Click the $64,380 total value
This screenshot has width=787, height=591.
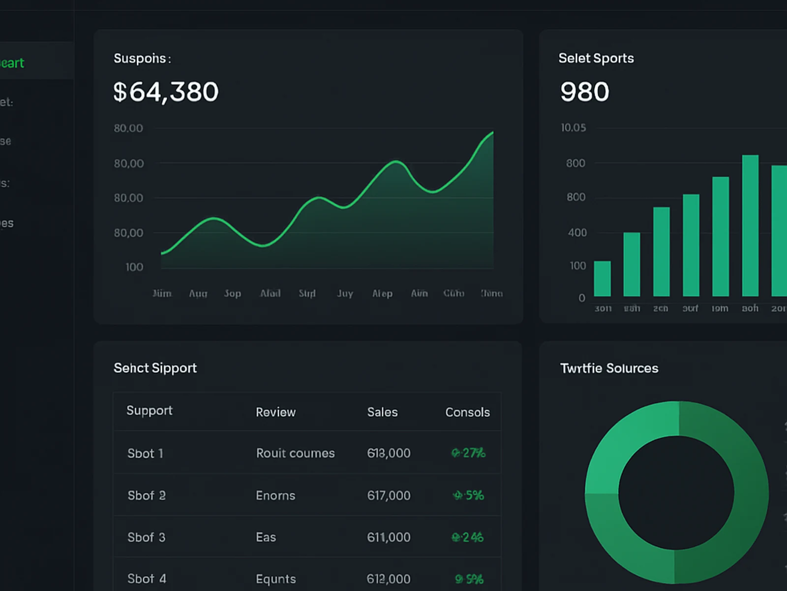(166, 92)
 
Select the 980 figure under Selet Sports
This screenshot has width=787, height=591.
(584, 92)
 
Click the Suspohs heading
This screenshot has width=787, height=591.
(142, 59)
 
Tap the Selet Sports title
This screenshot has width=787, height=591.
(596, 58)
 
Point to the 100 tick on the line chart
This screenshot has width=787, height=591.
(134, 267)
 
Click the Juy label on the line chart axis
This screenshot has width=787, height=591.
(345, 294)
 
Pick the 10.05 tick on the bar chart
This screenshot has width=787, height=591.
(573, 128)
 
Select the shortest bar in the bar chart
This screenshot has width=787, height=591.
(602, 279)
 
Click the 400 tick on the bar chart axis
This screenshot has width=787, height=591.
(577, 232)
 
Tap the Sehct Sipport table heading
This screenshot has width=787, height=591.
(155, 368)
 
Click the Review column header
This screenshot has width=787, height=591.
(275, 412)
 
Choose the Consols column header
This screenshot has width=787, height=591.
(467, 412)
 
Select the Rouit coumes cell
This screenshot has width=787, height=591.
(295, 453)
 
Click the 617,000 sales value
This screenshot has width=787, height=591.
(389, 495)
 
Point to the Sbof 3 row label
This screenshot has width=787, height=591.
(146, 537)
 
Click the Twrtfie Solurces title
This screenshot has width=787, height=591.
(609, 368)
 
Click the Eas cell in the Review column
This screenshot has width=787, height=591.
(266, 537)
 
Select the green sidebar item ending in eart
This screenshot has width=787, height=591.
(12, 63)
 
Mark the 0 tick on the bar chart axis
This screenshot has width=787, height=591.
(581, 298)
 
